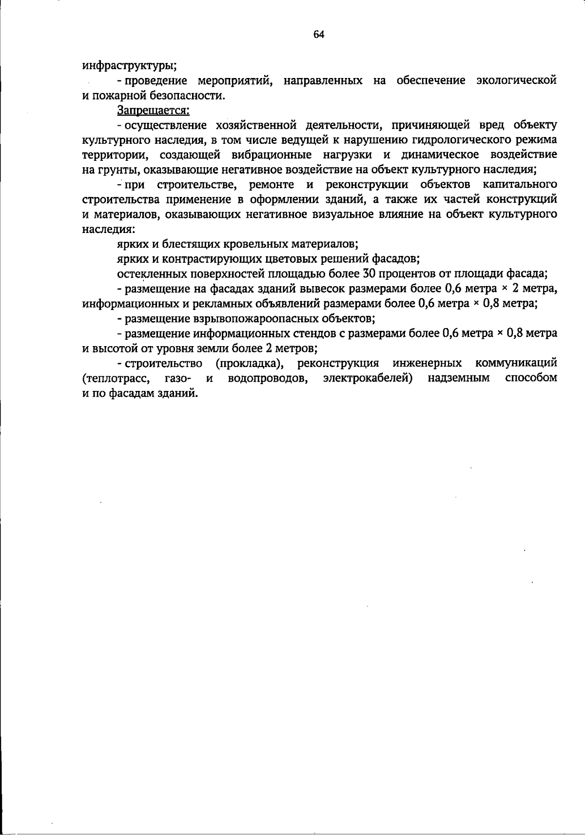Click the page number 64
pos(319,34)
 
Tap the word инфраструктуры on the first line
pos(129,65)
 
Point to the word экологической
pos(516,80)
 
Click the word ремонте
pos(271,185)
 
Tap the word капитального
pos(520,185)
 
